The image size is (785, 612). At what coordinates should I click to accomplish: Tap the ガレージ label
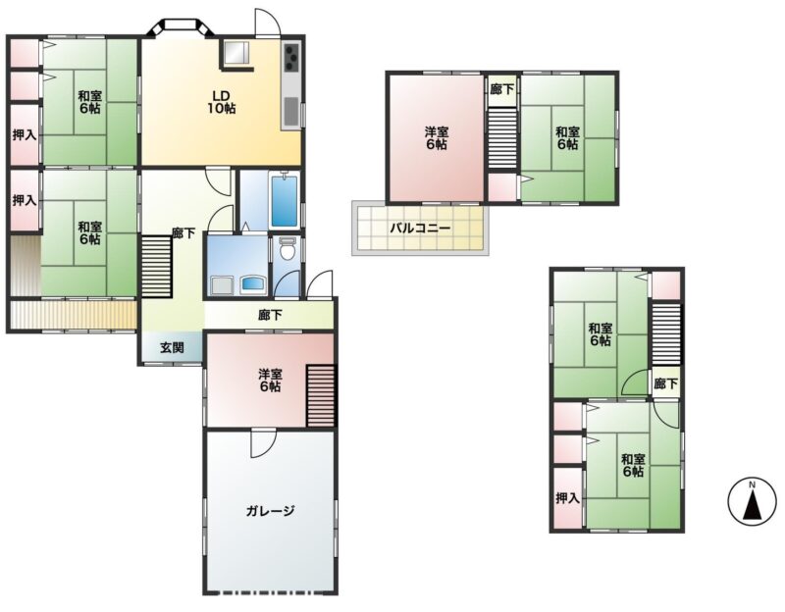coord(270,511)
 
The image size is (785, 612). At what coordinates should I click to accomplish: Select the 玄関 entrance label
coord(172,347)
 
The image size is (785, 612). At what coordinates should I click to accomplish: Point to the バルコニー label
coord(421,229)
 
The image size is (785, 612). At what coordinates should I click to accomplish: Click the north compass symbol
coord(752,500)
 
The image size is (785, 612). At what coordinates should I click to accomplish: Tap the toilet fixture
coord(288,248)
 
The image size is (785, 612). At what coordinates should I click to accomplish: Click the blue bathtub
coord(284,200)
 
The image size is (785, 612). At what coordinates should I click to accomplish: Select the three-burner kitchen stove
coord(291,58)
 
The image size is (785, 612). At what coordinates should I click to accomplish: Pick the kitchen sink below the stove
coord(290,112)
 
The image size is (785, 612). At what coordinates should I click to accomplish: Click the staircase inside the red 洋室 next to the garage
coord(321,395)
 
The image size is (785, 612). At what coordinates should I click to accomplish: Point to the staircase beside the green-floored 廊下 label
coord(157,266)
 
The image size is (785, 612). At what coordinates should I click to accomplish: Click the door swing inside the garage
coord(263,443)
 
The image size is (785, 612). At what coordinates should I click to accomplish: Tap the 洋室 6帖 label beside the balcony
coord(437,138)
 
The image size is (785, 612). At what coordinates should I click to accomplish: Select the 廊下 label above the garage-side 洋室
coord(271,315)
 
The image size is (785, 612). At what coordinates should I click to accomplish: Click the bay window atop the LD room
coord(181,27)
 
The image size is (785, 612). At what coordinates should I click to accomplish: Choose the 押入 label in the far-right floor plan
coord(568,498)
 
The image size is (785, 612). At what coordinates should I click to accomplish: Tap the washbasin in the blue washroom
coord(254,285)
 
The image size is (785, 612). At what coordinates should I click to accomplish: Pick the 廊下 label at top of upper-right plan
coord(502,89)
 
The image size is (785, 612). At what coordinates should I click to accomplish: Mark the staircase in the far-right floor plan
coord(666,333)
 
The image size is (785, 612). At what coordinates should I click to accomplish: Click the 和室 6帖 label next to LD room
coord(89,102)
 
